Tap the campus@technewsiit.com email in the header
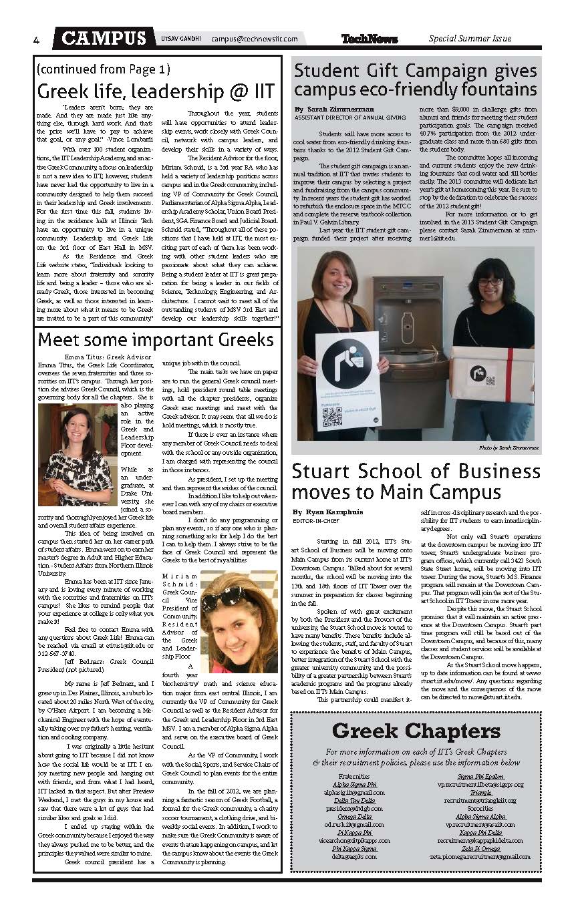(254, 39)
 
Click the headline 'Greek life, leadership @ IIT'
(156, 90)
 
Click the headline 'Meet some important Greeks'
(156, 339)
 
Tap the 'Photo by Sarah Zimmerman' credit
(508, 447)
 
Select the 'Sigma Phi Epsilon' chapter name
(480, 776)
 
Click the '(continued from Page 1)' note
(104, 69)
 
